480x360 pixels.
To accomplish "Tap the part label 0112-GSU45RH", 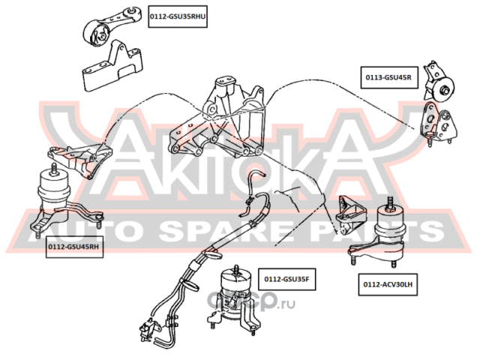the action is point(73,245).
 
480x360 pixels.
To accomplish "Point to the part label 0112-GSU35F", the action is point(285,280).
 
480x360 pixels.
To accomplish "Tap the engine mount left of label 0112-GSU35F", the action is point(233,296).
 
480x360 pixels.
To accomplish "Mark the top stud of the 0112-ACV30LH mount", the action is point(391,201).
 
